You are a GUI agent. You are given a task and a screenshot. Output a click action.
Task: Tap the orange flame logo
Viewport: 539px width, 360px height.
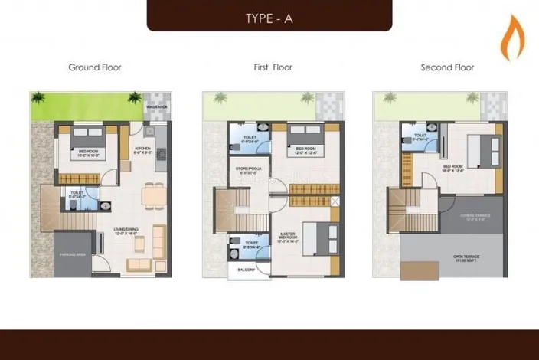pos(509,41)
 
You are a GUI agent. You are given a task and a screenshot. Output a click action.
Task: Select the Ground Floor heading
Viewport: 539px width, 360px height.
pos(95,67)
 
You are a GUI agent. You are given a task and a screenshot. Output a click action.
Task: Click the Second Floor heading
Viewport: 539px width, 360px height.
pos(447,67)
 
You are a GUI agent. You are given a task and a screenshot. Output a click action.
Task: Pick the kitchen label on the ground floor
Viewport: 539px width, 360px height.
pos(143,150)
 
